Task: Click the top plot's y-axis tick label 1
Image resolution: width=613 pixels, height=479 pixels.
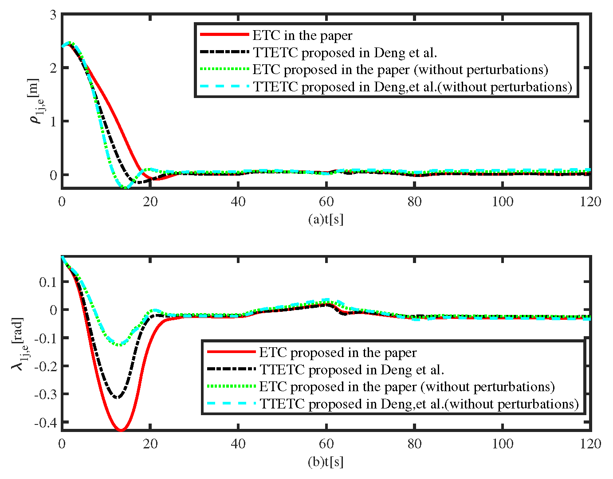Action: click(x=53, y=122)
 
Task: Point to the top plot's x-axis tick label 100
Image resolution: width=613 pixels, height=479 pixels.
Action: click(x=503, y=202)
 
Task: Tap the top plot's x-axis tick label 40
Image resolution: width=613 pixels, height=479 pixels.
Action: click(x=238, y=202)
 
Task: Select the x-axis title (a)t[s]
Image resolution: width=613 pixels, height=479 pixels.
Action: click(x=326, y=220)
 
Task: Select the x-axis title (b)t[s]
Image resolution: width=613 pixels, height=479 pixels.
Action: click(x=326, y=462)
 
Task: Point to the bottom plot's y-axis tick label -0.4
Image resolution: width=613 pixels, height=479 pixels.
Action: click(x=46, y=422)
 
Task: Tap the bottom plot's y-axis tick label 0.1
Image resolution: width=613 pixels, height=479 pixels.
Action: click(x=48, y=282)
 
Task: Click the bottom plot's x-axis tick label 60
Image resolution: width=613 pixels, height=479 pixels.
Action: click(x=326, y=444)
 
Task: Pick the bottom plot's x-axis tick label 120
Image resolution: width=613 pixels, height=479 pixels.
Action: click(x=590, y=444)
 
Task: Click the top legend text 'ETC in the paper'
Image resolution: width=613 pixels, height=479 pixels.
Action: click(x=303, y=35)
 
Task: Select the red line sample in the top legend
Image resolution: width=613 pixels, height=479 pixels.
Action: click(x=224, y=35)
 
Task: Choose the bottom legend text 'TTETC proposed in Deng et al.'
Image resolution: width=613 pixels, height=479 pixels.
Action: click(x=352, y=370)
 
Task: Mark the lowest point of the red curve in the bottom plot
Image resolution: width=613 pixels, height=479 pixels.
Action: click(x=121, y=430)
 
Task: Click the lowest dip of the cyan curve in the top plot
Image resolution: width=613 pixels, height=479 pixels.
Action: click(x=126, y=188)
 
